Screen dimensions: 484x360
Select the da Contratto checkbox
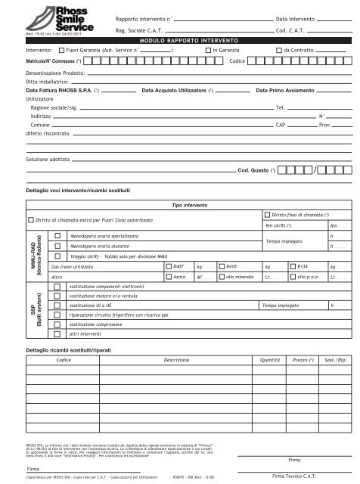tap(278, 48)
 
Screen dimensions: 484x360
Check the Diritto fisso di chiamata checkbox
tap(266, 215)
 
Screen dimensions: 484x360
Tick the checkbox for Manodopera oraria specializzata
tap(57, 236)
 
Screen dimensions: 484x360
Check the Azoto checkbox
tap(168, 278)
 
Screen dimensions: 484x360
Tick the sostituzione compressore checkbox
tap(57, 322)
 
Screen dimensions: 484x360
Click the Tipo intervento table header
tap(190, 205)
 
